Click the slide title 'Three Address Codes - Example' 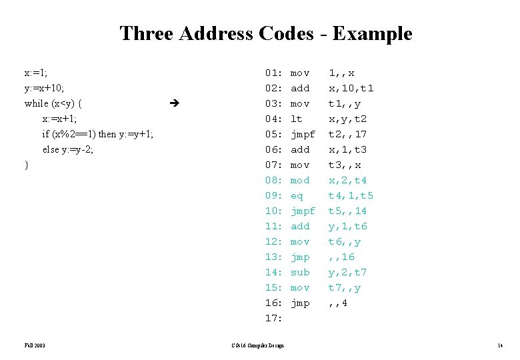pos(265,33)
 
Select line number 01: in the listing pos(274,73)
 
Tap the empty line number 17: pos(274,318)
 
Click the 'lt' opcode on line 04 pos(297,119)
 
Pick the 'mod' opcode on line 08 pos(300,180)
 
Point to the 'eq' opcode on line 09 pos(297,195)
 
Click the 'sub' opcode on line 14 pos(300,272)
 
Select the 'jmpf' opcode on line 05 pos(303,134)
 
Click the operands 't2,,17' pos(347,134)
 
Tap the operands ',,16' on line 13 pos(341,257)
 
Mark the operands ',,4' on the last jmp pos(338,303)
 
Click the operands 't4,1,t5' pos(351,195)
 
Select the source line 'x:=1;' pos(36,72)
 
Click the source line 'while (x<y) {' pos(53,103)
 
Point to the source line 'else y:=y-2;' pos(67,149)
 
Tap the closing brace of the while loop pos(26,165)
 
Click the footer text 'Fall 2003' pos(34,345)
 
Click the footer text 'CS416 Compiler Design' pos(257,345)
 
